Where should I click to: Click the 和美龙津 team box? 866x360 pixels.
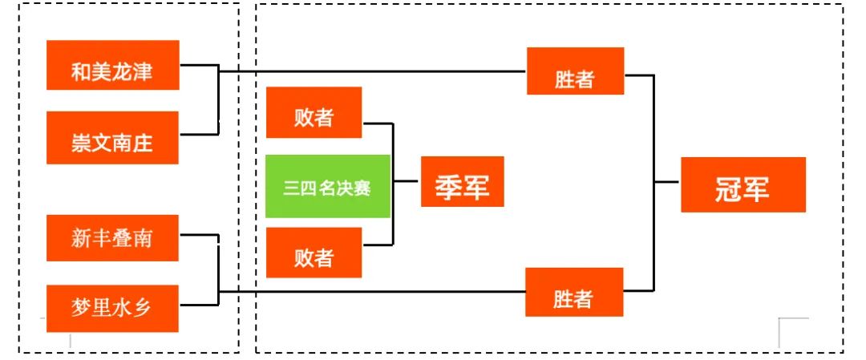tap(113, 65)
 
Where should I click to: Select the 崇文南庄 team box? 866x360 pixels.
tap(113, 137)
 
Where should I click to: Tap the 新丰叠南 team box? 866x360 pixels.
tap(113, 238)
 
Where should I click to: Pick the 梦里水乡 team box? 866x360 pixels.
tap(113, 308)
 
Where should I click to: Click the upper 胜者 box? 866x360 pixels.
tap(575, 71)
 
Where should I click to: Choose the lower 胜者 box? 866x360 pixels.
tap(574, 292)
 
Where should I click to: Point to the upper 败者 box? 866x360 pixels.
tap(314, 112)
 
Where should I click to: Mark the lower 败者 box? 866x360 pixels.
tap(314, 253)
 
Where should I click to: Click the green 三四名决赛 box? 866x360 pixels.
tap(328, 186)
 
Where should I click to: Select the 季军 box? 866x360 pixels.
tap(463, 182)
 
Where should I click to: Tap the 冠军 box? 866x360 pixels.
tap(743, 184)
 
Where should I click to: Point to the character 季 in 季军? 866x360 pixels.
tap(448, 187)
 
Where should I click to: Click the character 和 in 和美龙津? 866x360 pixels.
tap(81, 72)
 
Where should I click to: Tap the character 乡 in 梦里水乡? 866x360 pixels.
tap(143, 308)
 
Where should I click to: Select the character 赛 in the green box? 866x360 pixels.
tap(362, 188)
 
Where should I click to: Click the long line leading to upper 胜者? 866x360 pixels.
tap(372, 71)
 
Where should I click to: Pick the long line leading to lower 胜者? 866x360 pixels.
tap(372, 292)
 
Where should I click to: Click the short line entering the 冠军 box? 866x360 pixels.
tap(667, 182)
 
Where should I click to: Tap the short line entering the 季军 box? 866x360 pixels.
tap(407, 180)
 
